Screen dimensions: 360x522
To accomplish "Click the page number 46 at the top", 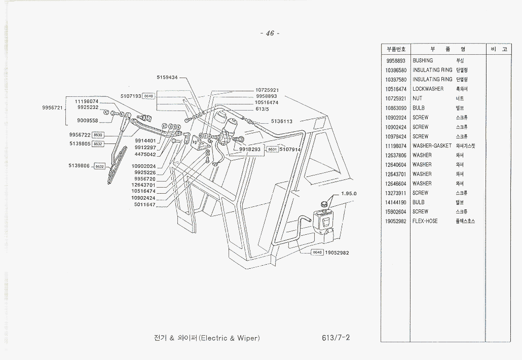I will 270,33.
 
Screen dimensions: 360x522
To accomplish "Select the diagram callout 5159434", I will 167,78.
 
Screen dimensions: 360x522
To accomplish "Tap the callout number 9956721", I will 52,107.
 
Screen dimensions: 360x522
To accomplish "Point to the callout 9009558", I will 88,121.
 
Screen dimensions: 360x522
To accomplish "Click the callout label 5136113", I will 282,121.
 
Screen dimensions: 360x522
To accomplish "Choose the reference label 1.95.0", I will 349,193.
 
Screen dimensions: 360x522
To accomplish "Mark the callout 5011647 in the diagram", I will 144,204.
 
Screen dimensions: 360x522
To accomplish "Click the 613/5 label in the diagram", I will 262,109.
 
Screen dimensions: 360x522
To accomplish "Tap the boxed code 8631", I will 272,150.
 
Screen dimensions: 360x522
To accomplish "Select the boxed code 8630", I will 98,135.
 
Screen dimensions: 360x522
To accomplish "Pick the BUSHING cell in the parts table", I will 423,60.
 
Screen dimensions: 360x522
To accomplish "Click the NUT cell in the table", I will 418,98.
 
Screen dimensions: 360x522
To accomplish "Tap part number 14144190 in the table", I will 396,202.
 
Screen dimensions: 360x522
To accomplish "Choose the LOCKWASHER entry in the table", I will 428,89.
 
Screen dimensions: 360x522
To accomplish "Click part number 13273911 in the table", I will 396,193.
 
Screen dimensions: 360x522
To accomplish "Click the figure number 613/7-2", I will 335,338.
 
